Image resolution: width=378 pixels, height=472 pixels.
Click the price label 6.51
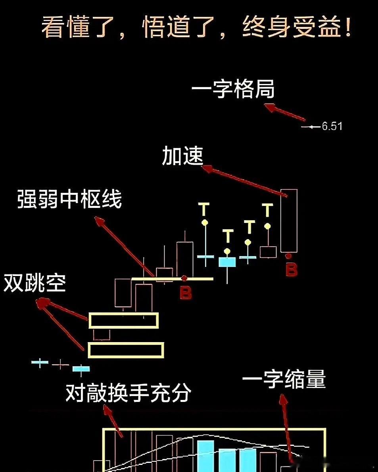click(332, 127)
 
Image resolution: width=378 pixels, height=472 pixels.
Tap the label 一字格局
click(233, 91)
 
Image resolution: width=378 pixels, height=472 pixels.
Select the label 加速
click(182, 156)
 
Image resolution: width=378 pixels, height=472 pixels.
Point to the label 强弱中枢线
click(69, 200)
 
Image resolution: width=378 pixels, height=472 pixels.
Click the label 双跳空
click(35, 284)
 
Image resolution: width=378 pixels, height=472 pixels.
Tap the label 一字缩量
click(284, 380)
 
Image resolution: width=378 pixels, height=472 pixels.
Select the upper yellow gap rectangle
click(123, 320)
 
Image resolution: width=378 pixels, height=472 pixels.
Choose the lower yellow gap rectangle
click(126, 350)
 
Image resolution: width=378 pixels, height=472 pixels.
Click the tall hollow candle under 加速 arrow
click(289, 221)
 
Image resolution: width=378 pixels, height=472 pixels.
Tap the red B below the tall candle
click(292, 270)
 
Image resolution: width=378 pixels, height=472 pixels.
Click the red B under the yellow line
click(185, 293)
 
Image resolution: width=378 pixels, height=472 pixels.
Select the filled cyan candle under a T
click(227, 262)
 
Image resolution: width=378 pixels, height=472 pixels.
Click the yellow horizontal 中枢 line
click(172, 279)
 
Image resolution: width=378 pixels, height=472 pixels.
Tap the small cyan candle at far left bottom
click(81, 369)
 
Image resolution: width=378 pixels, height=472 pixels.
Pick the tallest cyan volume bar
click(205, 455)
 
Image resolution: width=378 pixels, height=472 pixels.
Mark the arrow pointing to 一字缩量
click(288, 428)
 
